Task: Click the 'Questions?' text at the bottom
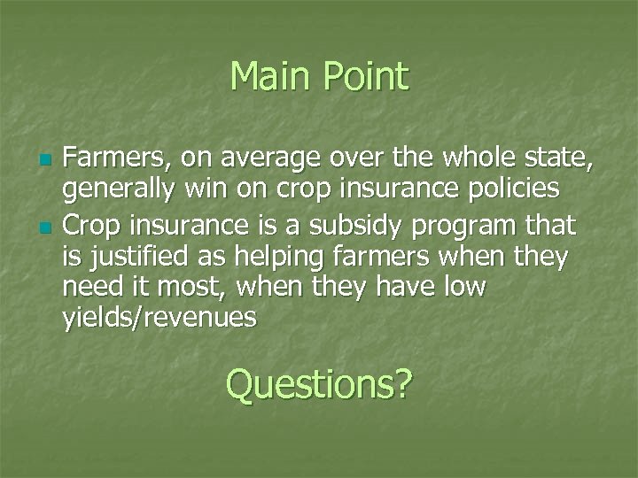(x=319, y=384)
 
